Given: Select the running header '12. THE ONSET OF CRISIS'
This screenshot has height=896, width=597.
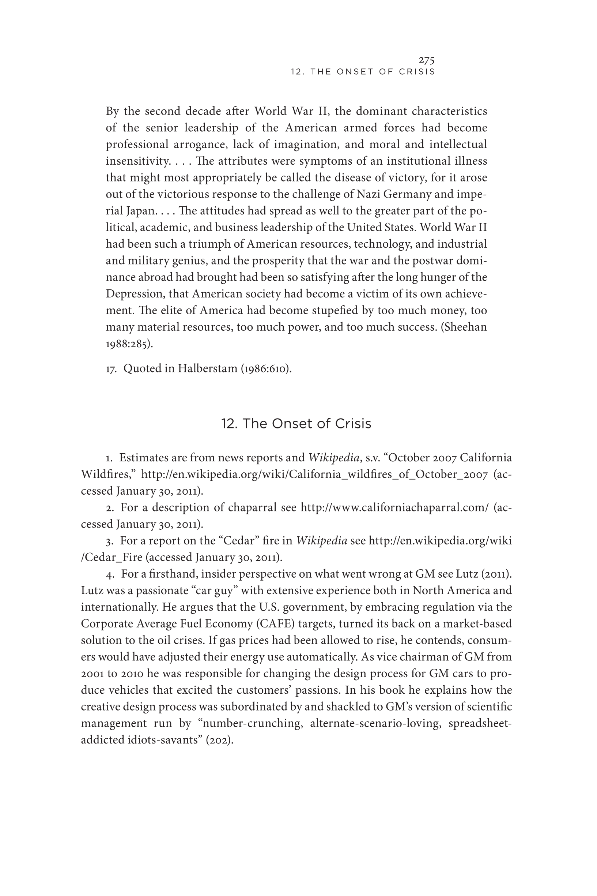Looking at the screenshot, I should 363,72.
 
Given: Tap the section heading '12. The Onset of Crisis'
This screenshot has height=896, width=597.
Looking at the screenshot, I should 296,424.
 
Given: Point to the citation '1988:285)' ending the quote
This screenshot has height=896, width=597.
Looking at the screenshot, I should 129,344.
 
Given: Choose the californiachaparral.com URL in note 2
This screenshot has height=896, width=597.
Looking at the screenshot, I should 394,507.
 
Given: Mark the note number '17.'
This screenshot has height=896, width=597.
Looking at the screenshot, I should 111,369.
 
